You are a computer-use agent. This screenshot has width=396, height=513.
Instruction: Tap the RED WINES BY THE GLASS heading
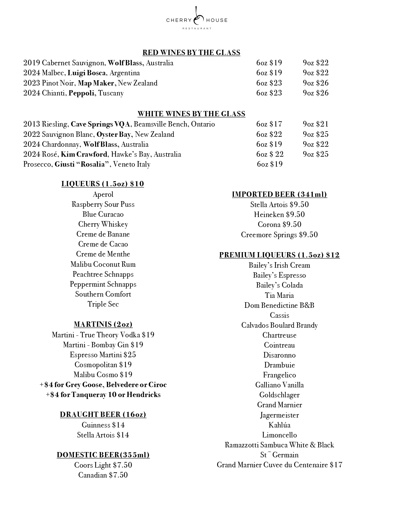pos(191,53)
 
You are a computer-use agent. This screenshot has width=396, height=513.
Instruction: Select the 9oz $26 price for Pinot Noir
pos(316,83)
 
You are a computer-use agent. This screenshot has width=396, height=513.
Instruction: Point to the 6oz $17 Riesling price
pos(269,124)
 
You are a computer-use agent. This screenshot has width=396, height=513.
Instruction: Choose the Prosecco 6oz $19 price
pos(270,164)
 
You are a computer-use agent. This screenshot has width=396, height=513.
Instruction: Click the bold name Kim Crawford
pos(84,154)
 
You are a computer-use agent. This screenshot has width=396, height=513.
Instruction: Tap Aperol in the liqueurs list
pos(103,194)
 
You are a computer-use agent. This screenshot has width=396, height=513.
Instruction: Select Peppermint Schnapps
pos(103,284)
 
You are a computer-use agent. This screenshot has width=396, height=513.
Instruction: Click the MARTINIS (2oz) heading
pos(103,324)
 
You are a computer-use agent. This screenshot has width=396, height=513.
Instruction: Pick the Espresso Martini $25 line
pos(103,355)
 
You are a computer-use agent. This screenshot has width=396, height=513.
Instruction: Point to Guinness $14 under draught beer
pos(103,425)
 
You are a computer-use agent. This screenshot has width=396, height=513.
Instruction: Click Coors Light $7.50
pos(103,465)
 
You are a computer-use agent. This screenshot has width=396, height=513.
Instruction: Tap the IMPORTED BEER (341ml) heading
pos(280,194)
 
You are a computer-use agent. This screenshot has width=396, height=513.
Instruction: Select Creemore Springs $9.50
pos(280,235)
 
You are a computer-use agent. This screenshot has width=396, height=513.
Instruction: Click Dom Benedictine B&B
pos(280,305)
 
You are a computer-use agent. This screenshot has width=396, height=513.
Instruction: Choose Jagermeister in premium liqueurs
pos(280,415)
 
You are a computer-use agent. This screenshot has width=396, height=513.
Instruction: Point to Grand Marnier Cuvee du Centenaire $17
pos(280,465)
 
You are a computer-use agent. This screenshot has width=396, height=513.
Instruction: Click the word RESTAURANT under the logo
pos(197,28)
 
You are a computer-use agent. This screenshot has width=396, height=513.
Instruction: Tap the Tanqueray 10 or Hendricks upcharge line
pos(103,395)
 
